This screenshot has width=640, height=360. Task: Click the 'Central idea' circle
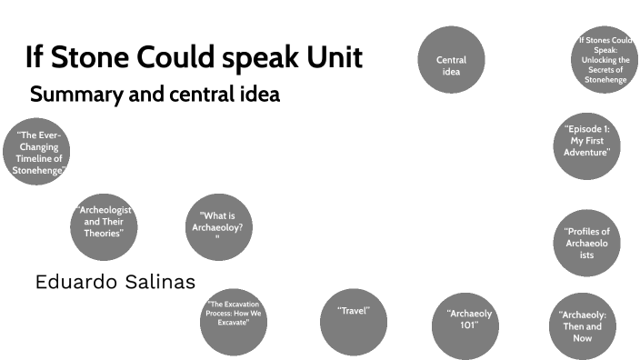[x=452, y=60]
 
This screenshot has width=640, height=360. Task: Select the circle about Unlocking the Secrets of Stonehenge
[x=607, y=60]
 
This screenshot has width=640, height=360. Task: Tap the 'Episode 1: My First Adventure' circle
[x=586, y=142]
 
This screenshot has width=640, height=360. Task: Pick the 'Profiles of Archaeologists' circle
[x=586, y=243]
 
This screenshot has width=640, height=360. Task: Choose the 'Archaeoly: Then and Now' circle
[x=583, y=325]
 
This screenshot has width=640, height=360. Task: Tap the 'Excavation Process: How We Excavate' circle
[x=234, y=317]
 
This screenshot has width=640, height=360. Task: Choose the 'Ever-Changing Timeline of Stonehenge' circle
[x=36, y=152]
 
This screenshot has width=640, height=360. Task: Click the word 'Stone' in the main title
[x=86, y=58]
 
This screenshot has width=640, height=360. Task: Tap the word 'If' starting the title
[x=35, y=58]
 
